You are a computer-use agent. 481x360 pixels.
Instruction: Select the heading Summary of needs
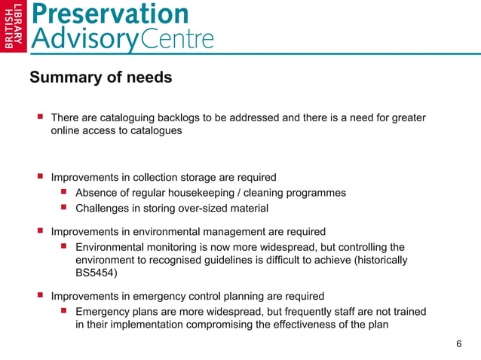[100, 78]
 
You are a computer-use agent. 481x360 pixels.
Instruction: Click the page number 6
[459, 344]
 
